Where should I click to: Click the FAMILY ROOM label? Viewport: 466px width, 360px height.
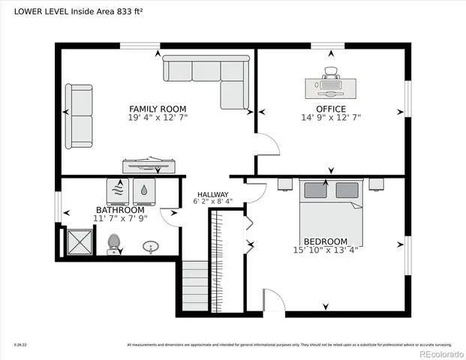(158, 109)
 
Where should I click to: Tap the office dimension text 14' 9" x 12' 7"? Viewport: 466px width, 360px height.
(331, 117)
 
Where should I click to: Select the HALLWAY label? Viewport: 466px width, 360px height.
(212, 193)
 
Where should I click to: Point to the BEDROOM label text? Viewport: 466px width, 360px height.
(325, 241)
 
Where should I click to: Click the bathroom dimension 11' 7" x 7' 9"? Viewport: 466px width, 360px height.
(120, 217)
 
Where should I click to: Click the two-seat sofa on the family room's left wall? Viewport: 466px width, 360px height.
(79, 116)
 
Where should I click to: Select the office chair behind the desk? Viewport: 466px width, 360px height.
(331, 73)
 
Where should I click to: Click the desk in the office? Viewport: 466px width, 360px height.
(331, 88)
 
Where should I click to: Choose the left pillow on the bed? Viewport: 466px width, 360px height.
(315, 190)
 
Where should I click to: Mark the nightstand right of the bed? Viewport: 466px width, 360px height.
(376, 182)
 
